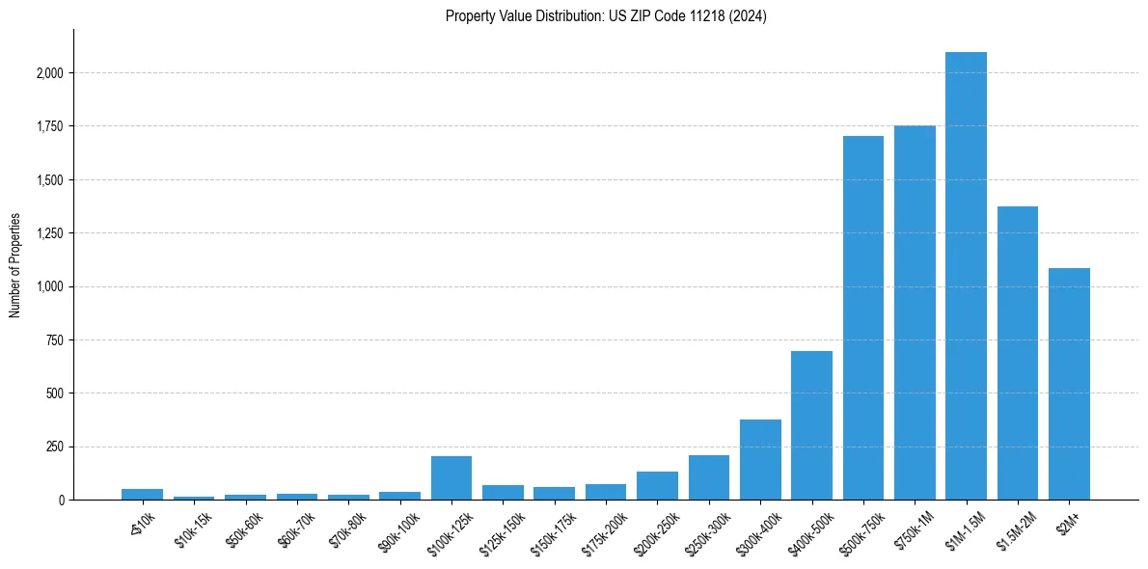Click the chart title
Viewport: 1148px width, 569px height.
coord(606,16)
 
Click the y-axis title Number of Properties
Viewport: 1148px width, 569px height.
coord(15,265)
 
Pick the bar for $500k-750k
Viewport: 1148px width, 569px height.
coord(863,318)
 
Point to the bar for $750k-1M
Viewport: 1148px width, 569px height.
coord(915,312)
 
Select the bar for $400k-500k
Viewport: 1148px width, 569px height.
coord(811,425)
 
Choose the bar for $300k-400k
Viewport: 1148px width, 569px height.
coord(760,460)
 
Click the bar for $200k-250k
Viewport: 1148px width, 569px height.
coord(657,486)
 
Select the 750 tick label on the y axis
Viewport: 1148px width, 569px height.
coord(55,340)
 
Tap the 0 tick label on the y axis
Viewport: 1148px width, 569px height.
coord(61,501)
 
